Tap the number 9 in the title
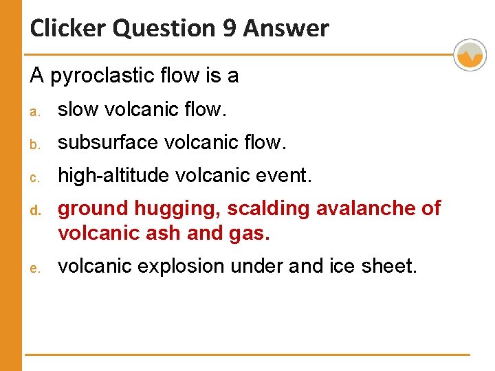[x=225, y=29]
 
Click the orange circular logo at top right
[x=470, y=55]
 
